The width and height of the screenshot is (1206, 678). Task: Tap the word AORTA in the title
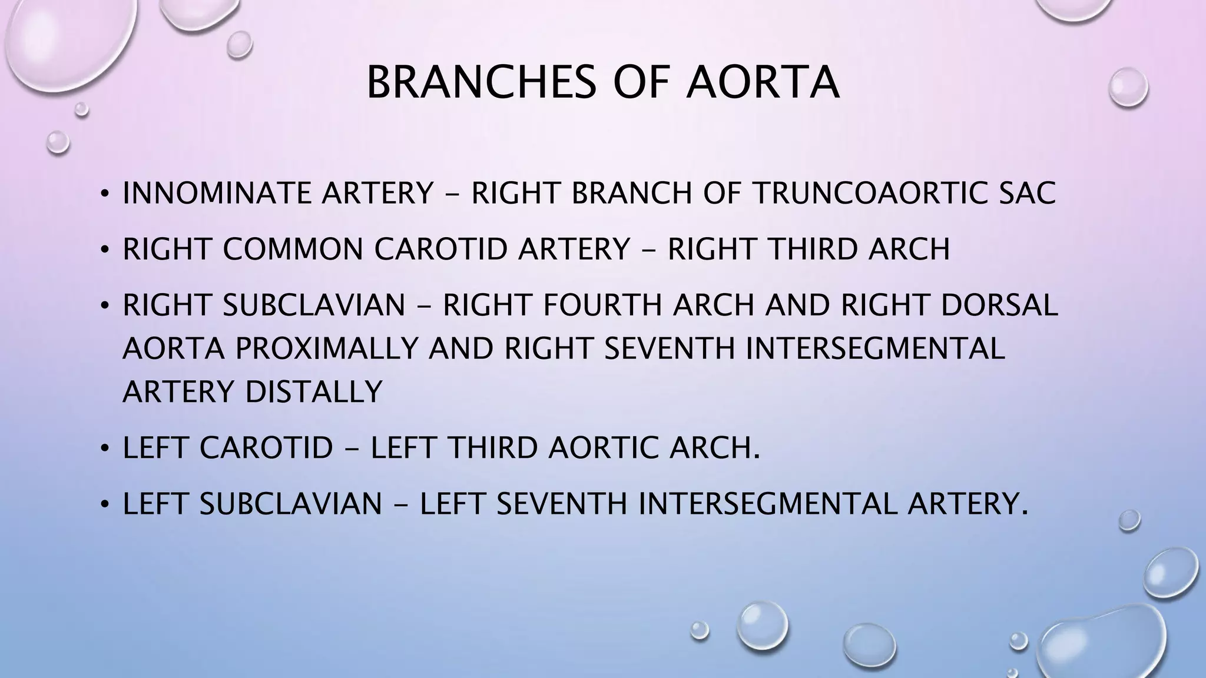click(763, 83)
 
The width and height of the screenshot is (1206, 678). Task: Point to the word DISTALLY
click(314, 391)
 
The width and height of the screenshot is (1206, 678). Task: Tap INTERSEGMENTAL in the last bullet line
click(767, 504)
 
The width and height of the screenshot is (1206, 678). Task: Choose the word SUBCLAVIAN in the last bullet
click(291, 504)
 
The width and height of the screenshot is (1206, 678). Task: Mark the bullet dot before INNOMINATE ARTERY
click(105, 194)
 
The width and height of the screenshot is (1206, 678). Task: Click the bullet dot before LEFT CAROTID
click(105, 448)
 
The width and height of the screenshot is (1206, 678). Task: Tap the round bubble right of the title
click(1128, 87)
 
